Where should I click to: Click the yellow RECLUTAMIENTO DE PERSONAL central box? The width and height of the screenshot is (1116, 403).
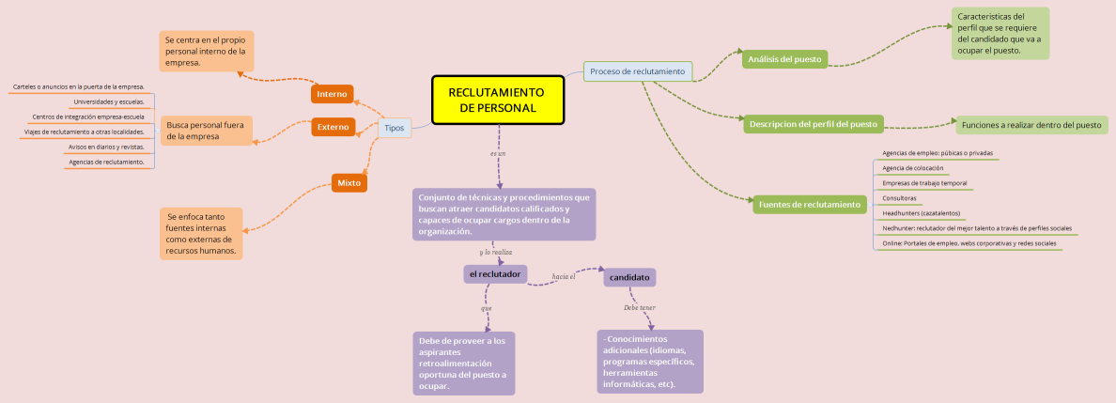coord(498,100)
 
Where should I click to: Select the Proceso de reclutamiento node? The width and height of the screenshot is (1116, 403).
coord(638,71)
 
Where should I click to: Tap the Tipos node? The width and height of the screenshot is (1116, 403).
coord(395,128)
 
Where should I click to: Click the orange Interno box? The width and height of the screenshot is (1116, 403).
coord(332,94)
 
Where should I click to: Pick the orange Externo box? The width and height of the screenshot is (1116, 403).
coord(333,126)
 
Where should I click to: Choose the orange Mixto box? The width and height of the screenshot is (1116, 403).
coord(349,182)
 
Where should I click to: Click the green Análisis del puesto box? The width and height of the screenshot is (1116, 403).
coord(783,59)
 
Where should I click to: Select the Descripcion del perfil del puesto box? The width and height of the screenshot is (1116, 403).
coord(813,124)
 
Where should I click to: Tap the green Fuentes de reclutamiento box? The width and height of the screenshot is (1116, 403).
coord(809,204)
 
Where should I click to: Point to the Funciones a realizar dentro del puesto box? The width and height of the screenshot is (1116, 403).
coord(1031,124)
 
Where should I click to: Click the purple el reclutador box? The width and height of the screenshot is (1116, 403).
coord(495,273)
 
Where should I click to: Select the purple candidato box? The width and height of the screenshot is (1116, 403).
coord(629,278)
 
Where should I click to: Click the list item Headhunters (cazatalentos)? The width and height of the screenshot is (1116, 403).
coord(921,213)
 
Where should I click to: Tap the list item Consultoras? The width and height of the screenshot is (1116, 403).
coord(899,198)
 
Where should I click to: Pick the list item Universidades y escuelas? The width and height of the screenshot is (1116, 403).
coord(108,101)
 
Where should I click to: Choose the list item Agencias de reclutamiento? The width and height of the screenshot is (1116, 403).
coord(106,162)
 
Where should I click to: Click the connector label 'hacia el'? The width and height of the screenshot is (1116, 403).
coord(564,276)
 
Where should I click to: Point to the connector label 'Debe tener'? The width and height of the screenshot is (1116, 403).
coord(640,307)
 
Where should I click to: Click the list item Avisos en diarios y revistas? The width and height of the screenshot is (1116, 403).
coord(106,147)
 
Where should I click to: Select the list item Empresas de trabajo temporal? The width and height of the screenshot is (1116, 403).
coord(924,183)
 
